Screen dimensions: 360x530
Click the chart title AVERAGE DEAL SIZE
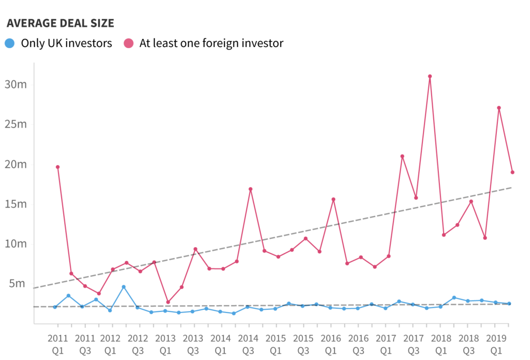click(x=60, y=23)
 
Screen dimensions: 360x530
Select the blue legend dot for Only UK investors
click(x=9, y=43)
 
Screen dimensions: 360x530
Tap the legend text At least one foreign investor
click(x=211, y=43)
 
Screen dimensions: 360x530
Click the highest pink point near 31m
click(x=430, y=76)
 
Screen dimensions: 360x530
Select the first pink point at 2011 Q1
click(x=57, y=167)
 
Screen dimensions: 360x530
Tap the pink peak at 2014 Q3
click(x=251, y=189)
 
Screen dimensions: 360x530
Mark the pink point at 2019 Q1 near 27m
click(x=498, y=108)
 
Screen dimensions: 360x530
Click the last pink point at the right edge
click(x=512, y=172)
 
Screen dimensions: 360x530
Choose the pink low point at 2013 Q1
click(x=168, y=302)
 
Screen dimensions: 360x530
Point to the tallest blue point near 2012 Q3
click(x=124, y=286)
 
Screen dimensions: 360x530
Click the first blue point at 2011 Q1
click(x=55, y=307)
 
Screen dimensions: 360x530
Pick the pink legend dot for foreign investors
click(x=129, y=43)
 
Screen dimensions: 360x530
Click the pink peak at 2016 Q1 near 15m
click(x=333, y=199)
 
